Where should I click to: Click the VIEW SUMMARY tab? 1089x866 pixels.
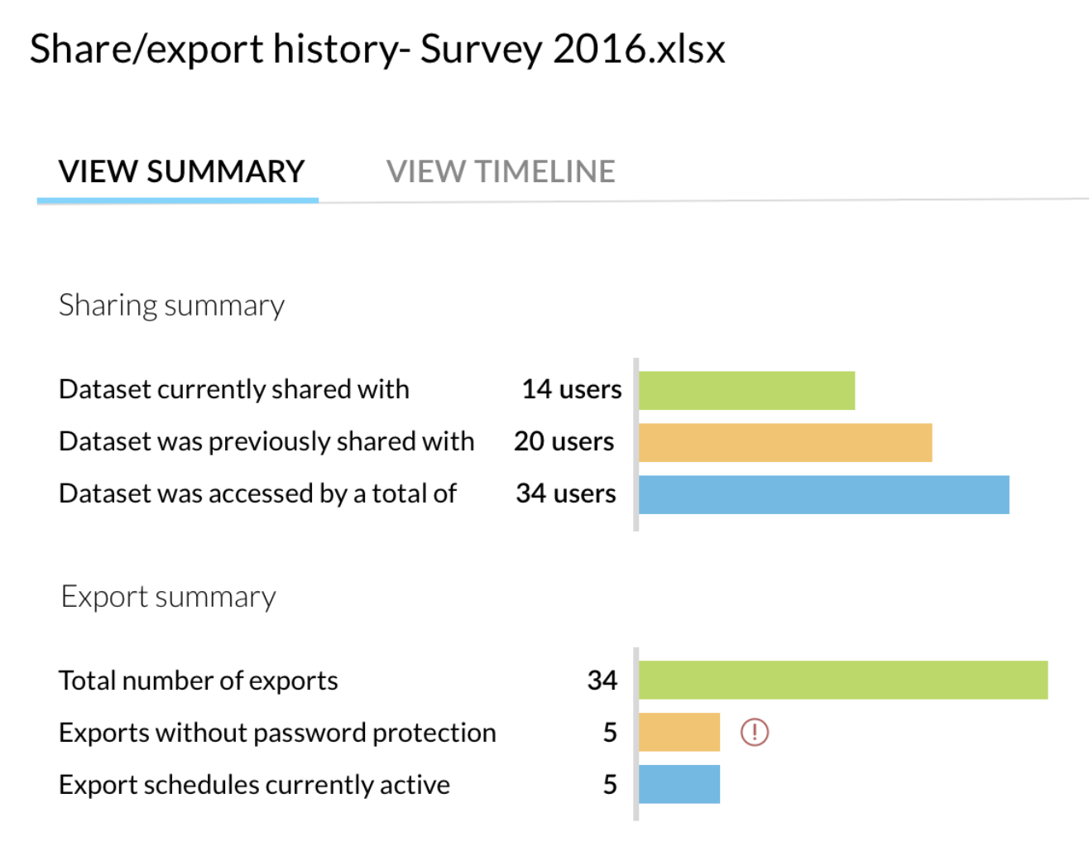coord(181,171)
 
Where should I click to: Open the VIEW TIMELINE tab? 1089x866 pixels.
coord(501,171)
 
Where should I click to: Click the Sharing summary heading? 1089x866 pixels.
coord(171,306)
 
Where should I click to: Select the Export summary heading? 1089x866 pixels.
coord(168,597)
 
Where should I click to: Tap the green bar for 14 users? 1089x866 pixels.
coord(746,390)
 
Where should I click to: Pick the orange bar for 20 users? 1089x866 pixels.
coord(784,442)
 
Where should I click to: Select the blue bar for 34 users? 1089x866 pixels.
coord(823,494)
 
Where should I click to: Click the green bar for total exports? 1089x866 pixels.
coord(842,680)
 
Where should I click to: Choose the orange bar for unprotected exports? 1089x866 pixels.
coord(679,732)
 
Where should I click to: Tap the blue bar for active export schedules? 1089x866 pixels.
coord(679,784)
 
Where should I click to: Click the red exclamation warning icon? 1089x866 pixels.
coord(754,732)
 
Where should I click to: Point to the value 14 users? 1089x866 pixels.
coord(571,389)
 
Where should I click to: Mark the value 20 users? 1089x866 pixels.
coord(564,441)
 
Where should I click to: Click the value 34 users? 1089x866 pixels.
coord(566,493)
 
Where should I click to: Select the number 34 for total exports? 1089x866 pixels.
coord(602,681)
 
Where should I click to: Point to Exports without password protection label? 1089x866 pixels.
coord(277,733)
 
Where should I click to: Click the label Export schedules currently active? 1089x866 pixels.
coord(254,785)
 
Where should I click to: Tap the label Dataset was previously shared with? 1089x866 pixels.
coord(266,441)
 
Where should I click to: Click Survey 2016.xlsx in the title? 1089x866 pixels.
coord(572,49)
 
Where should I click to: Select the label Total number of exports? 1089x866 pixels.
coord(198,681)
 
